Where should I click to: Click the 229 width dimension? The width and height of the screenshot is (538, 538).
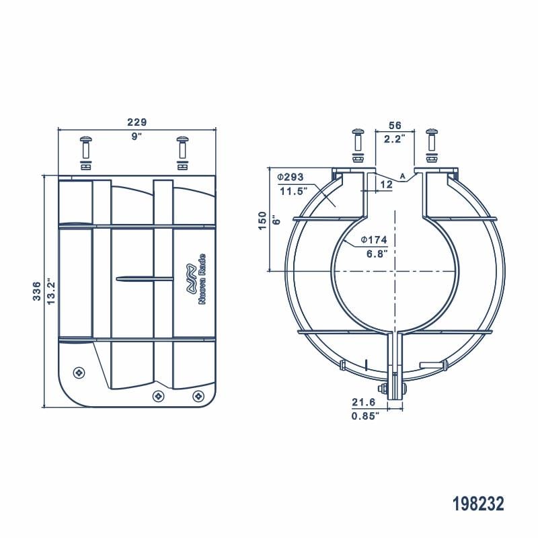pos(137,122)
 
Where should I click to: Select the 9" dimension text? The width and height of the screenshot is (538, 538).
pos(137,137)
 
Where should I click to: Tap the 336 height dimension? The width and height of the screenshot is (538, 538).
pos(38,291)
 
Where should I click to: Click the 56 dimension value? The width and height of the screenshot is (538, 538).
pos(395,126)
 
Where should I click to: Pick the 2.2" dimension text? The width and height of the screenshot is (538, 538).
pos(395,139)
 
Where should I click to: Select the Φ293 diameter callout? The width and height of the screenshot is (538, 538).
pos(291,177)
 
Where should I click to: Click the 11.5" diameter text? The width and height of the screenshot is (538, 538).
pos(292,191)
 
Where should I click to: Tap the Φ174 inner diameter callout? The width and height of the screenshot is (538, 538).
pos(373,239)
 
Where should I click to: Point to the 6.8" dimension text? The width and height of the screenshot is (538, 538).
pos(374,254)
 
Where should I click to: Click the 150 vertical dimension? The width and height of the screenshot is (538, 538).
pos(263,220)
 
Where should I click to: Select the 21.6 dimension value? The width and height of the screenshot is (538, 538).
pos(364,401)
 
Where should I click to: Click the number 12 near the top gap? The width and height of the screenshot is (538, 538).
pos(386,184)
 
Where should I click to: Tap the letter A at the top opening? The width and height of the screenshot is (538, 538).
pos(403,176)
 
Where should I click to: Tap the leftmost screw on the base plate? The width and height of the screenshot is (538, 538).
pos(79,372)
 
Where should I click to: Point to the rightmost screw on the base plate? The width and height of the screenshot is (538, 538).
pos(198,396)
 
